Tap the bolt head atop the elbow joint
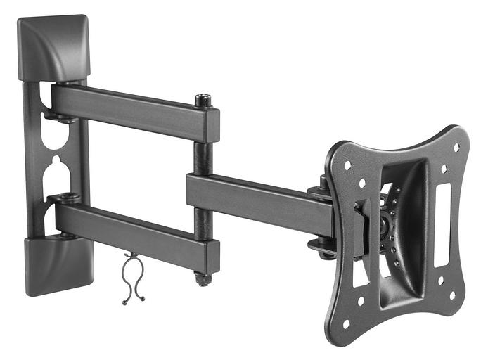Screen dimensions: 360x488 [204, 100]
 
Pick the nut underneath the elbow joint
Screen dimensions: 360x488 [203, 279]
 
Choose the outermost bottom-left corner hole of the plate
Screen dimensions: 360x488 [346, 325]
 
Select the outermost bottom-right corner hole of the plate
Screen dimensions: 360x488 [451, 293]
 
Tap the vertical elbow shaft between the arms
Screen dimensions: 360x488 [203, 158]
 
